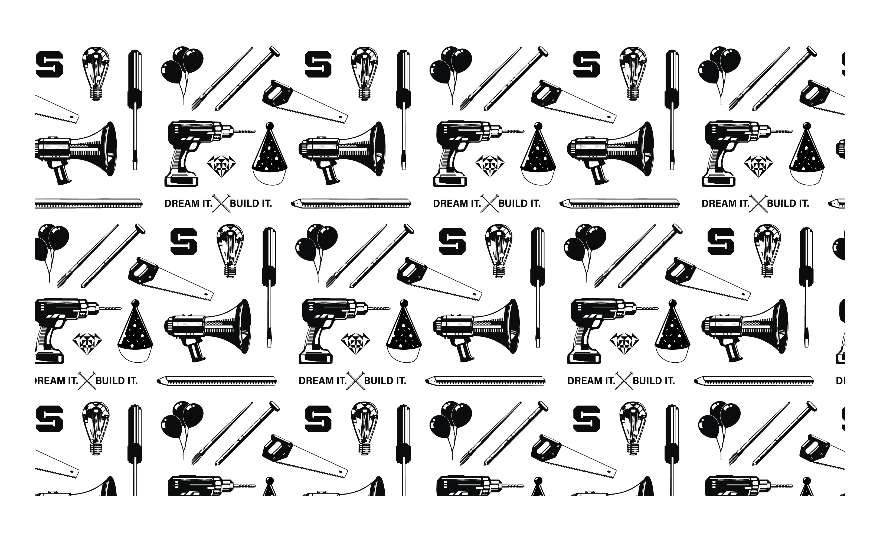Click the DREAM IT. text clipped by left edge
coord(57,380)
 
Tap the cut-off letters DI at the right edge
coord(840,381)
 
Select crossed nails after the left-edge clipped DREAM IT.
coord(87,380)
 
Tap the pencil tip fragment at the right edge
coord(837,204)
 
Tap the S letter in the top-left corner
coord(50,64)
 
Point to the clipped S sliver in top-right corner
coord(842,64)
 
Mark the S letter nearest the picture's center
coord(452,241)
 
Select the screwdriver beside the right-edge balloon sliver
coord(806,287)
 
